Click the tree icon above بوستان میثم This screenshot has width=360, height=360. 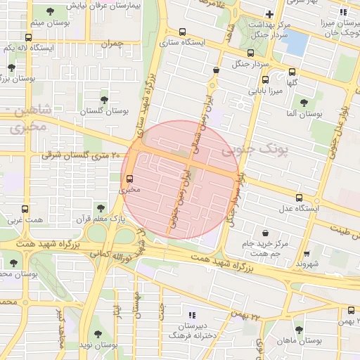click(50, 11)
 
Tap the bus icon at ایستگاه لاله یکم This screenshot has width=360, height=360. click(28, 38)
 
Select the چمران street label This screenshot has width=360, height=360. click(111, 44)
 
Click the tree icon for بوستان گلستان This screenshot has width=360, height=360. click(104, 100)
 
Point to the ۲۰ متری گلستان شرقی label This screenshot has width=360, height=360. click(83, 154)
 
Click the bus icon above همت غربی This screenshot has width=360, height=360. click(25, 209)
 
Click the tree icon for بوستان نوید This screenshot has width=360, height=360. click(96, 334)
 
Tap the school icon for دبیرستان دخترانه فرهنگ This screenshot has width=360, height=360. click(192, 315)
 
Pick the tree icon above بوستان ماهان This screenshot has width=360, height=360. click(299, 329)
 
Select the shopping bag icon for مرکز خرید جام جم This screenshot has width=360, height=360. click(265, 233)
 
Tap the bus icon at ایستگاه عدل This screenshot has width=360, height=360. click(300, 198)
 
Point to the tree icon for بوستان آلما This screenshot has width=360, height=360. click(304, 103)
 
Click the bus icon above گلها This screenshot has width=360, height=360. click(292, 70)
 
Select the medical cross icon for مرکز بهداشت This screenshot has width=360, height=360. click(269, 14)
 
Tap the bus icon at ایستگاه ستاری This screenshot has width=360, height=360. click(183, 32)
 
